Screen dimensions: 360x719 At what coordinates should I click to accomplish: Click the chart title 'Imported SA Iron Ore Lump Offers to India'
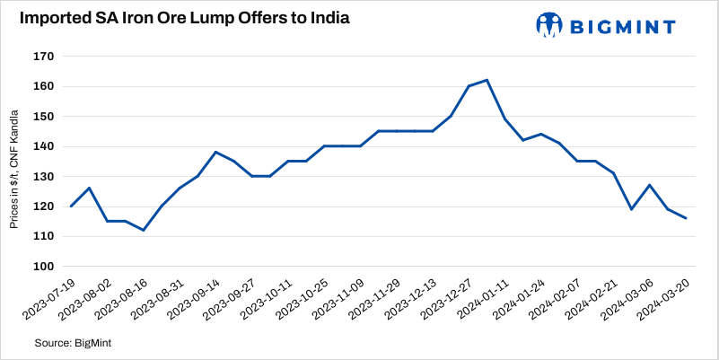tap(178, 19)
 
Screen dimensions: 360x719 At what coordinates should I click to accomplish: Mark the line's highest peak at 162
tap(487, 80)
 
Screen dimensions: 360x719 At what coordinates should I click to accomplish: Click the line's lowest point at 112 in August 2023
tap(144, 230)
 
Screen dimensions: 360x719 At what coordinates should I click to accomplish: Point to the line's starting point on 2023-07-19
tap(71, 206)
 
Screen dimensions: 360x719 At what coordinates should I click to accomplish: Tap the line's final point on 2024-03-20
tap(686, 218)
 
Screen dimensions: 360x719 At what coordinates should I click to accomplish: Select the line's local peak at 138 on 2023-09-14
tap(216, 152)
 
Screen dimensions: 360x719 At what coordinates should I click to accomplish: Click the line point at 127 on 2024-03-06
tap(649, 185)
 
